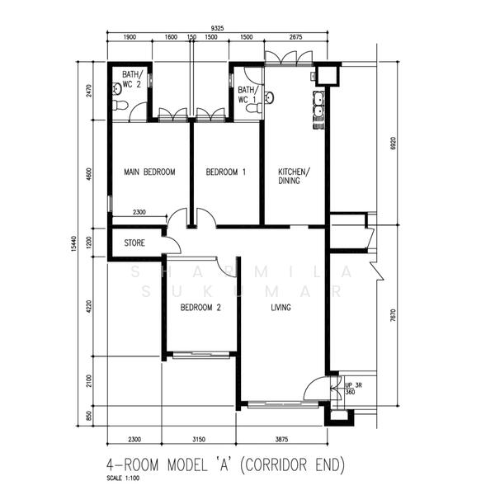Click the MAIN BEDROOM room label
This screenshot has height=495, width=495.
pos(149,172)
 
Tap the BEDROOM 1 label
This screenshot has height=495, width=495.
pos(226,172)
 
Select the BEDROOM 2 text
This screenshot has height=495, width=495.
pos(201,308)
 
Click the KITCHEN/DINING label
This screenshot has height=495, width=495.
pos(294,176)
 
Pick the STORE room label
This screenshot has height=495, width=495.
pos(134,243)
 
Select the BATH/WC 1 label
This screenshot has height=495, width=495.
pos(247,95)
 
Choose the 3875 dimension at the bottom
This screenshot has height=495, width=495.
pos(285,439)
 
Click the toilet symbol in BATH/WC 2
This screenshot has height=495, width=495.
pos(119,106)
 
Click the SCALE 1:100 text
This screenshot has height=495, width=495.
pos(125,478)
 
